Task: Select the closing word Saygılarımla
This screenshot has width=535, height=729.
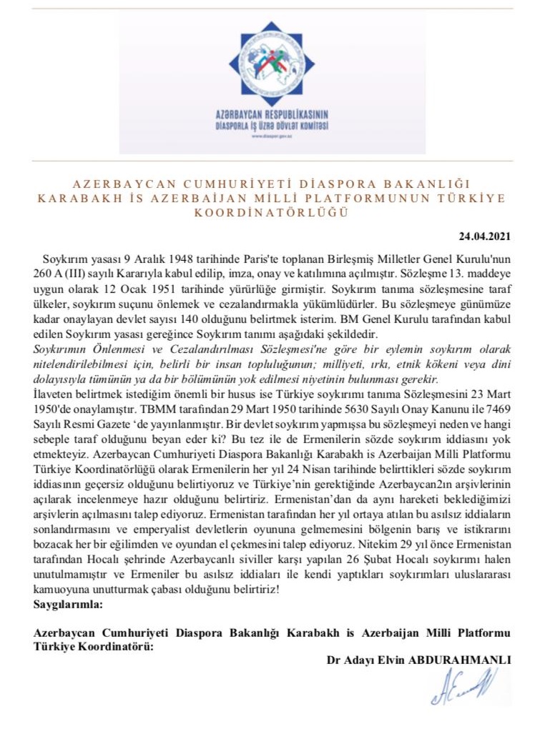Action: tap(68, 605)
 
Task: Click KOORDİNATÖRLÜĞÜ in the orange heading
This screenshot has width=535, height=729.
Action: tap(273, 213)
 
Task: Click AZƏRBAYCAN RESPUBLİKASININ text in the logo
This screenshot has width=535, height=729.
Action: tap(273, 115)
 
